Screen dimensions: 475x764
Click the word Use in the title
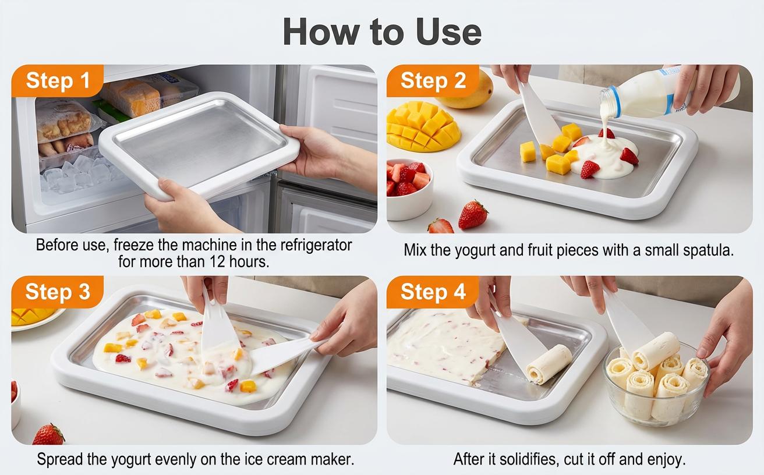[448, 32]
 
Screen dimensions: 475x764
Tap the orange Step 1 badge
[57, 80]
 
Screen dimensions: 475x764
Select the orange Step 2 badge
[433, 80]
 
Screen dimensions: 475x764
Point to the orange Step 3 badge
[57, 292]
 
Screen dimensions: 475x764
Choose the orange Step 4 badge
[433, 292]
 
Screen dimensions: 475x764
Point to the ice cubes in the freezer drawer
[76, 175]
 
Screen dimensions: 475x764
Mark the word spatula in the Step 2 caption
[706, 250]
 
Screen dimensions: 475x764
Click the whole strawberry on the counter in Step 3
[48, 435]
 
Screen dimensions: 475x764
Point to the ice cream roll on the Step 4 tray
[549, 363]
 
